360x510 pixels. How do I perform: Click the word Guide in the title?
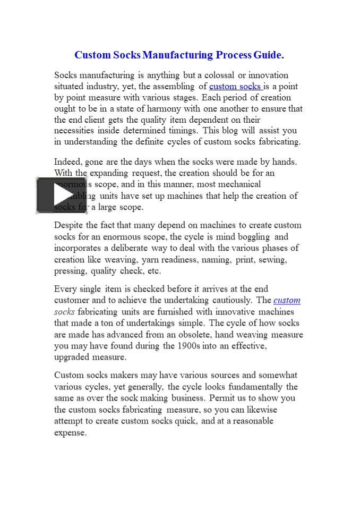(x=268, y=55)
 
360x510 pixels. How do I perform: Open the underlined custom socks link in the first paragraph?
(x=235, y=86)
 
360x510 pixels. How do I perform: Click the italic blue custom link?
(x=287, y=300)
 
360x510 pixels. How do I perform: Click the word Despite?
(x=68, y=225)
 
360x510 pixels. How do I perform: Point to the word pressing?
(x=70, y=271)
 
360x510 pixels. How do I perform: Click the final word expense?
(x=70, y=432)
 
